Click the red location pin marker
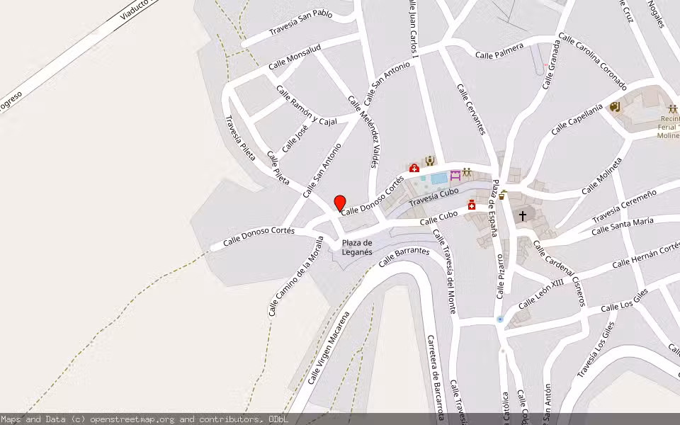tap(340, 203)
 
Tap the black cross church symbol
tap(523, 215)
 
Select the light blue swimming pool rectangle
tap(438, 178)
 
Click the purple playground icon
tap(455, 174)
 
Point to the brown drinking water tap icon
tap(502, 195)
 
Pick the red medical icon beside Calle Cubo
tap(471, 205)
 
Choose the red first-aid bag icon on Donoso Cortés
tap(414, 168)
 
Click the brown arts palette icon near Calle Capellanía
tap(614, 107)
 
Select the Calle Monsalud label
tap(295, 57)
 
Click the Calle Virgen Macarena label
tap(329, 346)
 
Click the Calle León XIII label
tap(541, 293)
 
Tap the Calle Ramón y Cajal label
tap(306, 106)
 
